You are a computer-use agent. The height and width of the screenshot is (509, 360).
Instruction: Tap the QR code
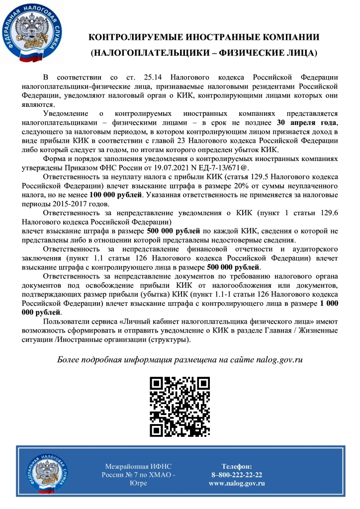[x=180, y=406]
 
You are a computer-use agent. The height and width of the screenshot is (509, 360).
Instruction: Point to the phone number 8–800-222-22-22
[x=237, y=475]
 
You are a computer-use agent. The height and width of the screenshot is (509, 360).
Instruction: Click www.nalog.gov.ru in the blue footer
[x=237, y=483]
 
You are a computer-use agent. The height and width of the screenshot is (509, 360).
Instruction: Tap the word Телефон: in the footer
[x=237, y=466]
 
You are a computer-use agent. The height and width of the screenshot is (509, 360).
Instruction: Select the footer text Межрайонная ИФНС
[x=138, y=466]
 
